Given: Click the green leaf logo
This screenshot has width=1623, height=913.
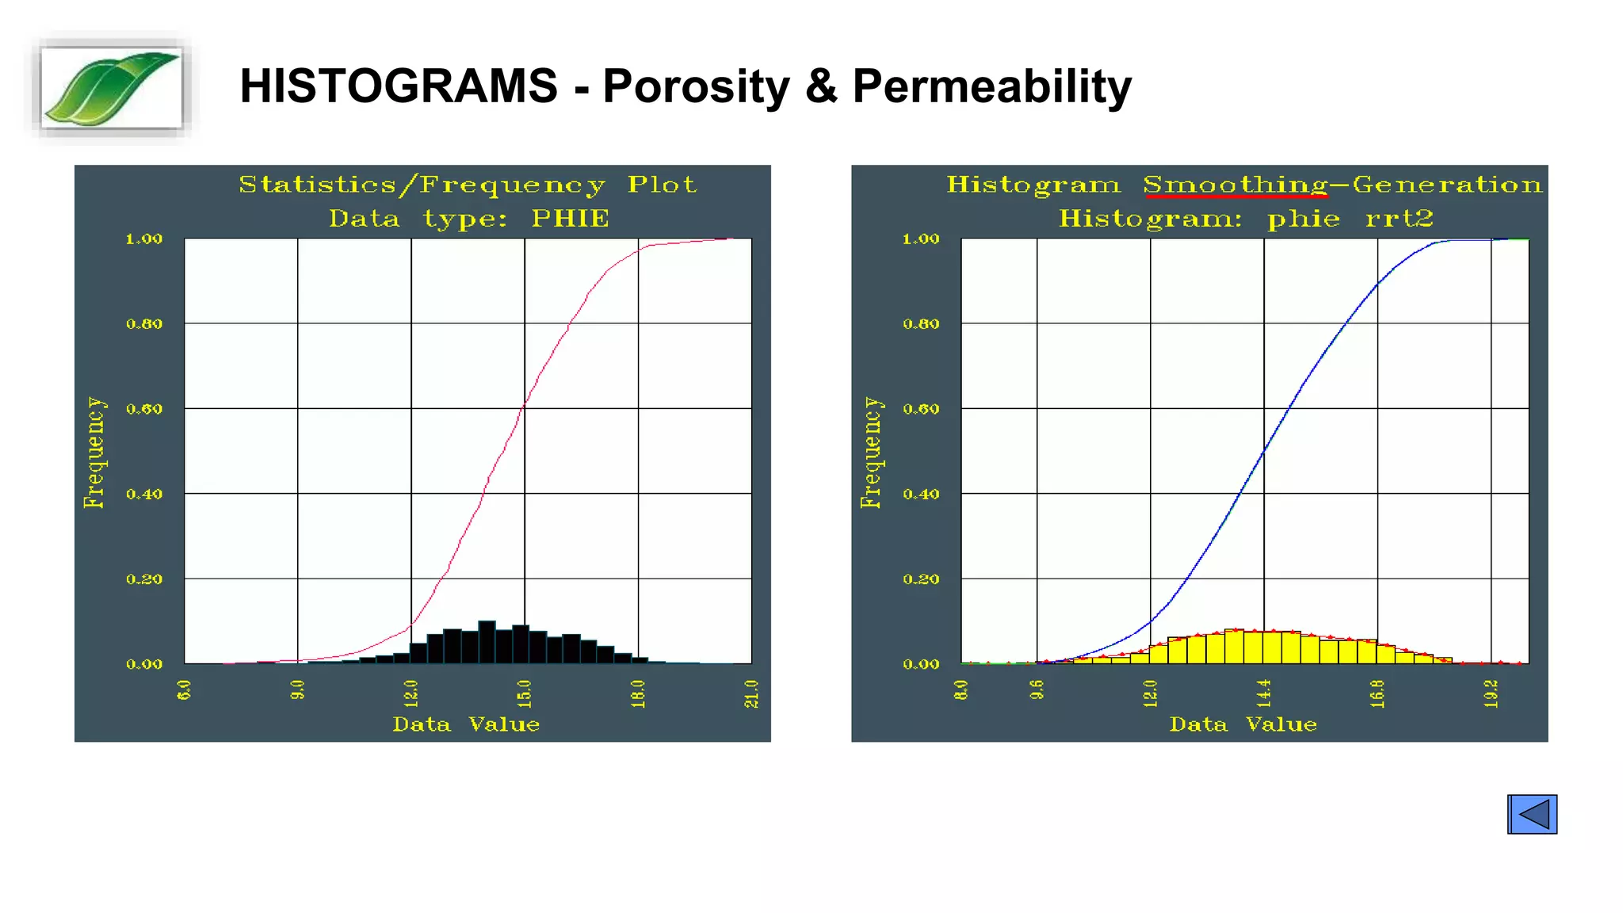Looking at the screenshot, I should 111,87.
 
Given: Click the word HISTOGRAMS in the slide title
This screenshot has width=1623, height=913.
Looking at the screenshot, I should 399,86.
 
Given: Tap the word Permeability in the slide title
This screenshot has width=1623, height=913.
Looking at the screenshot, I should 991,86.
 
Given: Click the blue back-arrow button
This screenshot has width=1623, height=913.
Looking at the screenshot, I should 1531,814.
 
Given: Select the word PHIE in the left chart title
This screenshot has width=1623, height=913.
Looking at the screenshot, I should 570,219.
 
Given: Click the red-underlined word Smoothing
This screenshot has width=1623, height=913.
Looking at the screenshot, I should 1235,185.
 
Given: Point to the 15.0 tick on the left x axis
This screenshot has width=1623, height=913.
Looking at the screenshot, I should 524,693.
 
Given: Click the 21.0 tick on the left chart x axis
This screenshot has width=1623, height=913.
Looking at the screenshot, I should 751,693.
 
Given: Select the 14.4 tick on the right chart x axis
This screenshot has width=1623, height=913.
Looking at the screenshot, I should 1263,693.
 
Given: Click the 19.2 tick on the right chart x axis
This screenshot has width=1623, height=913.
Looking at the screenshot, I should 1491,693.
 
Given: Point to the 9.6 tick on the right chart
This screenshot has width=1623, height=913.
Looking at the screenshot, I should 1037,690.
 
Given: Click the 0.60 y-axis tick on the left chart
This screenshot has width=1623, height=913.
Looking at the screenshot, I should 144,409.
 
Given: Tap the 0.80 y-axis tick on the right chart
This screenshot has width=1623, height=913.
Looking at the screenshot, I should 921,323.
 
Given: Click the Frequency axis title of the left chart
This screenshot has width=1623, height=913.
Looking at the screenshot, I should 94,452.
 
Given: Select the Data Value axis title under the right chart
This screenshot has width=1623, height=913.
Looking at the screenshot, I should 1243,724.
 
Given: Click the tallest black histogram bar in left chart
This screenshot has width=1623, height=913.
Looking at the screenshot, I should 487,642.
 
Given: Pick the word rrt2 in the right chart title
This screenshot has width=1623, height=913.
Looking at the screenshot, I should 1399,219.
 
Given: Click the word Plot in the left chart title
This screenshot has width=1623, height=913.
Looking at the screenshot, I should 662,185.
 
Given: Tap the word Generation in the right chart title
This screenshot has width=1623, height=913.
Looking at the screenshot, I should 1447,185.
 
